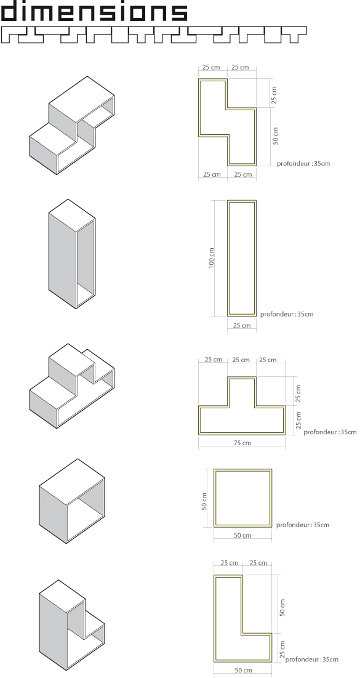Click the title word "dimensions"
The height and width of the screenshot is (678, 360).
pos(94,11)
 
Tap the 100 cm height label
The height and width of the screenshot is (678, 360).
pos(211,258)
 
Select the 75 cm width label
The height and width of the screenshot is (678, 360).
pos(242,443)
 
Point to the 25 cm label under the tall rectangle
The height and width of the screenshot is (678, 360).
pos(242,325)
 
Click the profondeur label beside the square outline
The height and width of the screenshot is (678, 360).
pos(303,525)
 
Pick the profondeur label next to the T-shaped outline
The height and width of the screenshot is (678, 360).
pos(330,432)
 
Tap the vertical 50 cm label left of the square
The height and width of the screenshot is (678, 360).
pos(204,502)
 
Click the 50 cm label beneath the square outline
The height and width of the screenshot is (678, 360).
pos(242,535)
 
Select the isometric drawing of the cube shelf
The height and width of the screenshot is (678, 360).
pos(72,501)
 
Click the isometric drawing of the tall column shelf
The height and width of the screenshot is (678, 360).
pos(72,254)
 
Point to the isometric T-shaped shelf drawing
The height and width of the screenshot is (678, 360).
pos(72,385)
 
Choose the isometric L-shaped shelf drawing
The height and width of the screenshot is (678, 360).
pos(72,625)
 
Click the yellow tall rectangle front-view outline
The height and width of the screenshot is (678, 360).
pos(229,258)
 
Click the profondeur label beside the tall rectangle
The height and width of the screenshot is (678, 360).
pos(287,314)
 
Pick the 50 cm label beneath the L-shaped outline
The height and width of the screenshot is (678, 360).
pos(243,670)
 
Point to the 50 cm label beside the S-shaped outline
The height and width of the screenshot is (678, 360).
pos(276,135)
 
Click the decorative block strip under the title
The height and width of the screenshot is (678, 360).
pos(153,34)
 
